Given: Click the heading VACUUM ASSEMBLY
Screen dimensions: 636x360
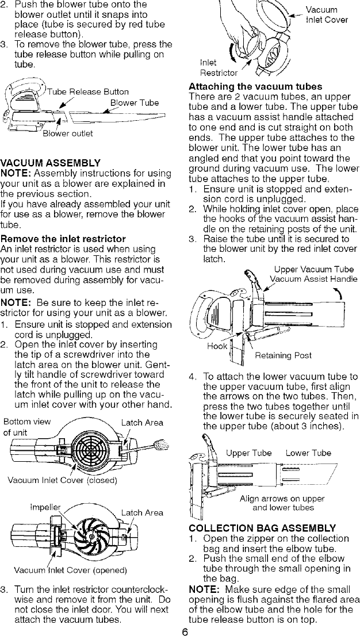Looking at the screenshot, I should pyautogui.click(x=51, y=163).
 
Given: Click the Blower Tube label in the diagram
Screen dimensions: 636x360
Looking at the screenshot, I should pyautogui.click(x=133, y=104).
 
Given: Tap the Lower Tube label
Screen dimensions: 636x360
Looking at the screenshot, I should pyautogui.click(x=308, y=453).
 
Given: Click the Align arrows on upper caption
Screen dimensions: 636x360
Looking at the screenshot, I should pyautogui.click(x=282, y=499).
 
